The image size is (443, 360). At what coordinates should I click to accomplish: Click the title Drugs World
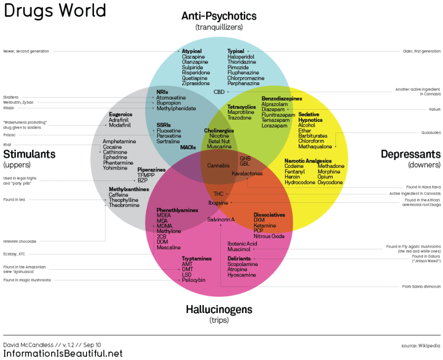[x=55, y=11]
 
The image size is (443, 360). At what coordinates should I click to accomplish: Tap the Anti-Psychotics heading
[x=219, y=16]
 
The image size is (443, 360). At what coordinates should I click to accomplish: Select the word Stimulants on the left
[x=29, y=154]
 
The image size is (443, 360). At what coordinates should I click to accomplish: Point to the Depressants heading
[x=410, y=154]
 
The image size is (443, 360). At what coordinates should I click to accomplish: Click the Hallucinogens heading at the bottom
[x=219, y=309]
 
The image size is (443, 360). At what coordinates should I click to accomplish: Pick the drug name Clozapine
[x=194, y=56]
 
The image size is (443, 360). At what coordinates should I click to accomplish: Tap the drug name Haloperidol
[x=241, y=56]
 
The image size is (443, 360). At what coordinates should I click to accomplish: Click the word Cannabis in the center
[x=218, y=165]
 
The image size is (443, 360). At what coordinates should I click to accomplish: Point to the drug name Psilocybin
[x=194, y=280]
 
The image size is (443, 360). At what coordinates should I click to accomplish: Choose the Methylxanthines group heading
[x=129, y=189]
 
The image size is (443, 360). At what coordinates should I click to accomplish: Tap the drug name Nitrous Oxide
[x=269, y=236]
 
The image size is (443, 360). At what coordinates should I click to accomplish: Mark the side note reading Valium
[x=435, y=110]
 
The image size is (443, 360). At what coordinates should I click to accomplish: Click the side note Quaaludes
[x=431, y=132]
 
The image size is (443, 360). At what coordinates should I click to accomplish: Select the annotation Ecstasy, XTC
[x=14, y=254]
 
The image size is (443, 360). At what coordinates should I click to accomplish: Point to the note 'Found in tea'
[x=14, y=200]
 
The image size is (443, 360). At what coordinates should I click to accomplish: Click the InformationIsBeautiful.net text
[x=63, y=353]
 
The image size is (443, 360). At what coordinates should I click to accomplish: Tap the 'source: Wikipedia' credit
[x=420, y=346]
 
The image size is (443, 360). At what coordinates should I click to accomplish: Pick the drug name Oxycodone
[x=330, y=183]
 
